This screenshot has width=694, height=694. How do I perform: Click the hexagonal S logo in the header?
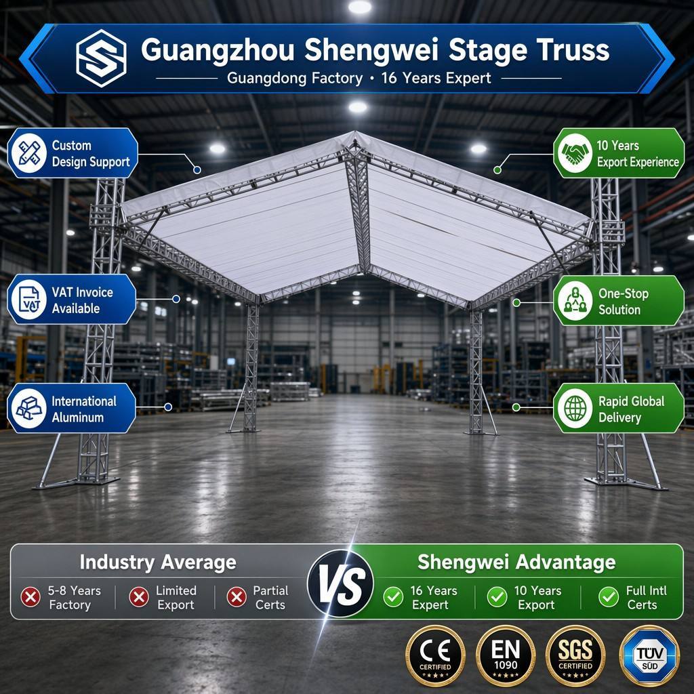point(101,58)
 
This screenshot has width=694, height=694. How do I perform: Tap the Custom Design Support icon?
point(29,153)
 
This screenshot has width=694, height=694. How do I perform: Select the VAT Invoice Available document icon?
point(29,300)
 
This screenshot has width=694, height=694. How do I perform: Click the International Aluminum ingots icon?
point(28,408)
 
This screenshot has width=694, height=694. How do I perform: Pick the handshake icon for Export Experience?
point(575,153)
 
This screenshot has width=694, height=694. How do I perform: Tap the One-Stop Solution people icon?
point(575,300)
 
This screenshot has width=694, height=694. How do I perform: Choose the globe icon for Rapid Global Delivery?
point(575,408)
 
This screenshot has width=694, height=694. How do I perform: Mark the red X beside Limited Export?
point(139,597)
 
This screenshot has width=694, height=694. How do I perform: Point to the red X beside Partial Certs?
point(237,597)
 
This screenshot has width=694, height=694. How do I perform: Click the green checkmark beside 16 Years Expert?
point(393,597)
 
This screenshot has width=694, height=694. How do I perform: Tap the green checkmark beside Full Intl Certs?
point(609,597)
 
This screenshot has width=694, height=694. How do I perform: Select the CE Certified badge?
point(436,656)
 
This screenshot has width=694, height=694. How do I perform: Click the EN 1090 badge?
point(506,656)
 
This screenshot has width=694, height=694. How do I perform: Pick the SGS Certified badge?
point(575,656)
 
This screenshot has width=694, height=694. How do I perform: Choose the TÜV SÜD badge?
point(650,656)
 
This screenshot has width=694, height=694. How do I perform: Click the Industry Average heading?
point(158,562)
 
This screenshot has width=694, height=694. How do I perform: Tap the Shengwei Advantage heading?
point(516,562)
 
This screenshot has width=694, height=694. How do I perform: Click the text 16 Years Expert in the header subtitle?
point(436,79)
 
